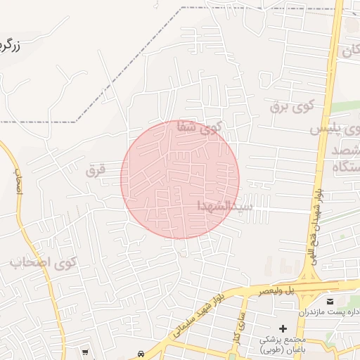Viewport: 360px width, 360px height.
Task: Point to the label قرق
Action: pos(95,170)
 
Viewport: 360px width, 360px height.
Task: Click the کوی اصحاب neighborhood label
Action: pos(43,264)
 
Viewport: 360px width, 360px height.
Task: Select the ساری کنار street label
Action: pos(237,326)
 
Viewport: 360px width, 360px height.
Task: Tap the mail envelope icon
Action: pos(330,302)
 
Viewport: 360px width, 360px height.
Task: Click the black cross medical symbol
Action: pos(283,328)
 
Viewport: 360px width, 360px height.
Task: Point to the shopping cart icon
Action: pos(86,352)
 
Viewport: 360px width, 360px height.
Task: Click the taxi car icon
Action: pos(141,353)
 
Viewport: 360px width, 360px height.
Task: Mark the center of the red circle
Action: pos(180,179)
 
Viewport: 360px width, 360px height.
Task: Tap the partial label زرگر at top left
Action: pos(15,47)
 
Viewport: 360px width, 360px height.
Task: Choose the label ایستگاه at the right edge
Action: pos(344,167)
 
